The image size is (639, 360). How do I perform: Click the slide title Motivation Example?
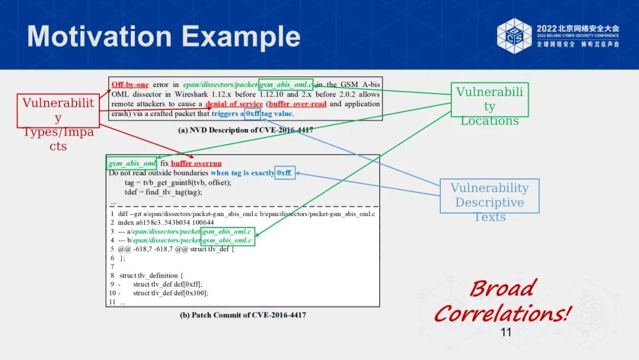pyautogui.click(x=164, y=37)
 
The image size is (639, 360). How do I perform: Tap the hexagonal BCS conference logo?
pyautogui.click(x=514, y=36)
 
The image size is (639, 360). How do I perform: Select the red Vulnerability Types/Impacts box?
pyautogui.click(x=58, y=110)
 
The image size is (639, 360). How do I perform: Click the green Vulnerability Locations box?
pyautogui.click(x=489, y=99)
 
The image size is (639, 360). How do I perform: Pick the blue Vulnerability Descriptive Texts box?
pyautogui.click(x=489, y=195)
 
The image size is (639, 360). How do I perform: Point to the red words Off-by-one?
pyautogui.click(x=130, y=85)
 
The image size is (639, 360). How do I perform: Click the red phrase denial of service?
pyautogui.click(x=234, y=104)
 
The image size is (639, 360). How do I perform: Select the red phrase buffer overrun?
pyautogui.click(x=196, y=163)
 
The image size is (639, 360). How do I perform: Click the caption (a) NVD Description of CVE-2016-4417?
pyautogui.click(x=246, y=130)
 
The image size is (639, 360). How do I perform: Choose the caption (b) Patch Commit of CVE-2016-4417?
pyautogui.click(x=243, y=315)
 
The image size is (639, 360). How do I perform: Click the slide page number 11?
pyautogui.click(x=506, y=332)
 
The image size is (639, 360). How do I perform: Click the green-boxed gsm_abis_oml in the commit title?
pyautogui.click(x=132, y=163)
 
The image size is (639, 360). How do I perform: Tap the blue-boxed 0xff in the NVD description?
pyautogui.click(x=253, y=114)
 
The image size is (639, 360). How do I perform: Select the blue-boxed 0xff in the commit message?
pyautogui.click(x=285, y=173)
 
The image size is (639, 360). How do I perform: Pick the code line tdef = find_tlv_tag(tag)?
pyautogui.click(x=163, y=192)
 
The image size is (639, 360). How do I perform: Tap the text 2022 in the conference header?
pyautogui.click(x=546, y=28)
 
